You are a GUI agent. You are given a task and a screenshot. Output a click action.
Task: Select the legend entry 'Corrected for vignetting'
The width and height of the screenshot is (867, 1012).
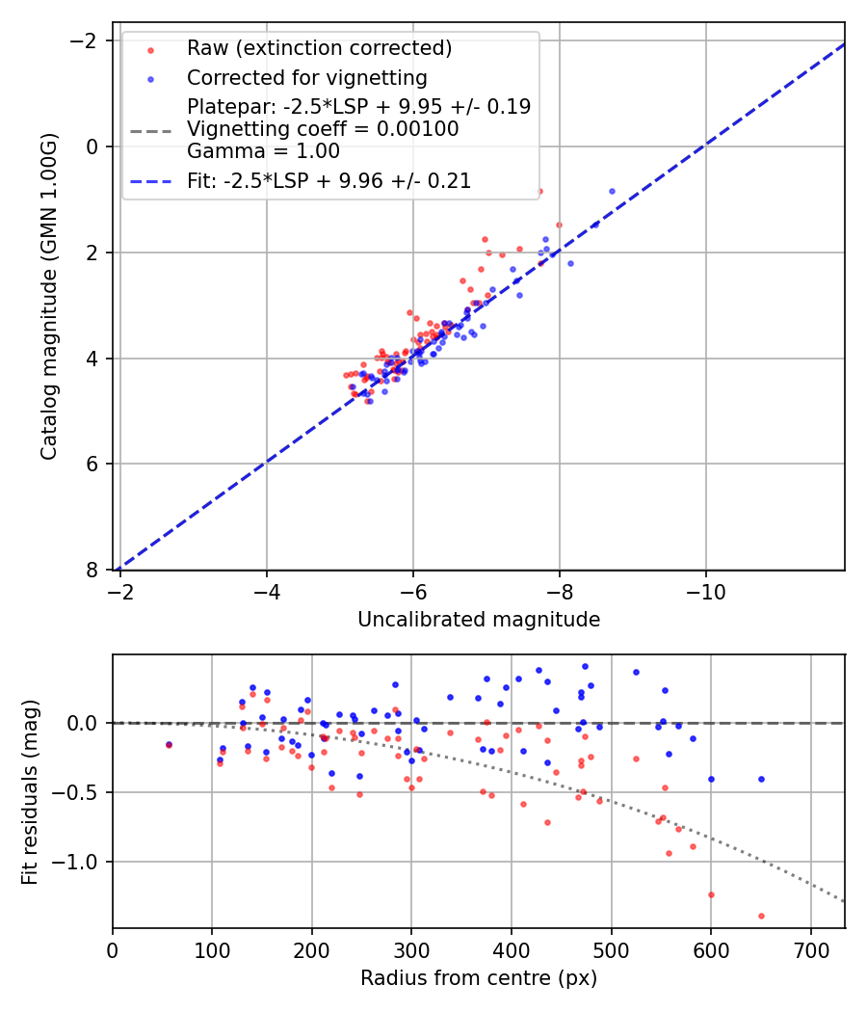tap(307, 77)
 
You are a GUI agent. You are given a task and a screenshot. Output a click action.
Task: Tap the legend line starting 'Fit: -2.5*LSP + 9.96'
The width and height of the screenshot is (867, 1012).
tap(328, 180)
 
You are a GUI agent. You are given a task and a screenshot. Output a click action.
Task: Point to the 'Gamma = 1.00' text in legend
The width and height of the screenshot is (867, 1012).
tap(263, 150)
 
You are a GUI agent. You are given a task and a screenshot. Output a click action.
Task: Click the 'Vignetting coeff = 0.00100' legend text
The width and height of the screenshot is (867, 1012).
tap(323, 129)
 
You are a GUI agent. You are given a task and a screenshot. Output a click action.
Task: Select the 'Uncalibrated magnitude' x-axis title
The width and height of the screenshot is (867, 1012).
tap(479, 620)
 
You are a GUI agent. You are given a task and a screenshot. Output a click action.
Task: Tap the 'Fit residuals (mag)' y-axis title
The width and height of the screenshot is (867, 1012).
tap(30, 792)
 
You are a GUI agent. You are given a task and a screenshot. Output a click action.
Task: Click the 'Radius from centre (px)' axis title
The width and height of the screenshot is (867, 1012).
tap(479, 978)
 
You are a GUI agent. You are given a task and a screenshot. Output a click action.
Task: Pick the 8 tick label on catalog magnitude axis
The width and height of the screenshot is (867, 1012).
tap(92, 570)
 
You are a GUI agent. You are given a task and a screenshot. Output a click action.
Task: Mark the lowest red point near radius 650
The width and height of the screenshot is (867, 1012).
tap(761, 916)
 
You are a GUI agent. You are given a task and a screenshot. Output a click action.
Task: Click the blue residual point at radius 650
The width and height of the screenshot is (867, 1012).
tap(761, 779)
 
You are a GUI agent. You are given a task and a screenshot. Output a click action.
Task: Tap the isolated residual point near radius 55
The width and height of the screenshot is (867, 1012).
tap(169, 744)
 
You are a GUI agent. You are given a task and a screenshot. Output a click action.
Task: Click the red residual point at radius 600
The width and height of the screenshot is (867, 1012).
tap(711, 894)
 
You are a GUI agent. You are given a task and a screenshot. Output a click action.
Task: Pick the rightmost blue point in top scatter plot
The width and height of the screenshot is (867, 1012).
tap(612, 191)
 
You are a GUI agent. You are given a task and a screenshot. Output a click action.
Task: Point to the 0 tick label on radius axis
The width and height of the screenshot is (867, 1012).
tap(113, 949)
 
